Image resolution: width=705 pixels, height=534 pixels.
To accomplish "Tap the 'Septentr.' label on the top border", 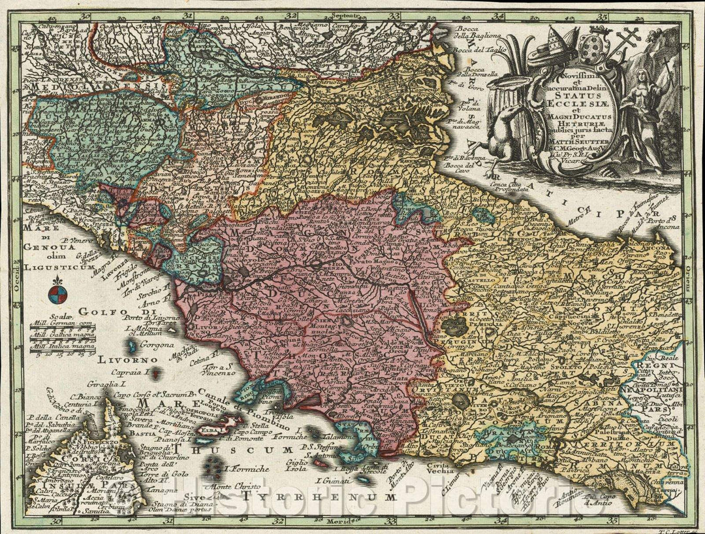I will (346, 14).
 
